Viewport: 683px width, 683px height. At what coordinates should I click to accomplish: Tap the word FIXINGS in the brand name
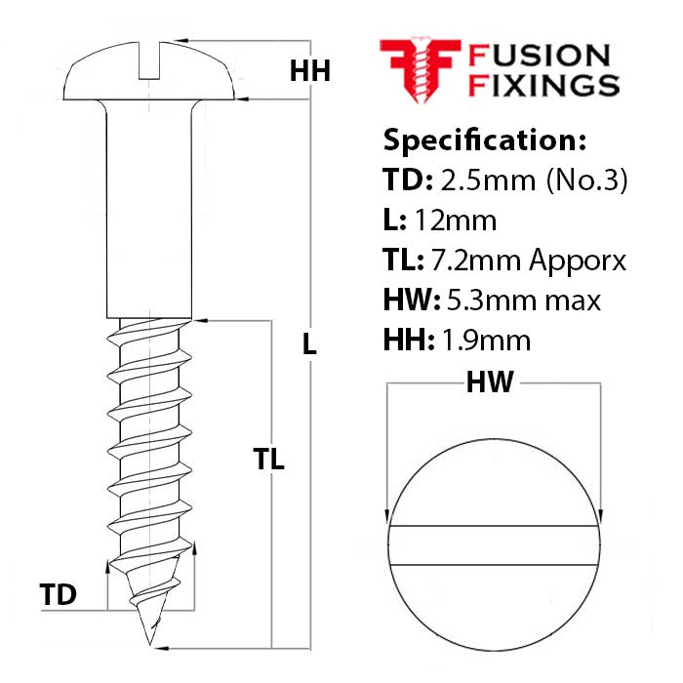pyautogui.click(x=544, y=85)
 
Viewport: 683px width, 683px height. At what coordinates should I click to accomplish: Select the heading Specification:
pyautogui.click(x=485, y=140)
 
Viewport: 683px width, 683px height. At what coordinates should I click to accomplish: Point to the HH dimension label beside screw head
pyautogui.click(x=310, y=70)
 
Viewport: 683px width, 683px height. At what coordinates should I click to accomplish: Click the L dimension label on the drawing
pyautogui.click(x=309, y=343)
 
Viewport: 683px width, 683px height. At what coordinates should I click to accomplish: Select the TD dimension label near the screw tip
pyautogui.click(x=59, y=594)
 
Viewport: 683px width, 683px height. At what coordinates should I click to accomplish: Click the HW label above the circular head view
pyautogui.click(x=490, y=382)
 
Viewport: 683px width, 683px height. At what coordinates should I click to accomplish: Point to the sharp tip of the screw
pyautogui.click(x=150, y=641)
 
